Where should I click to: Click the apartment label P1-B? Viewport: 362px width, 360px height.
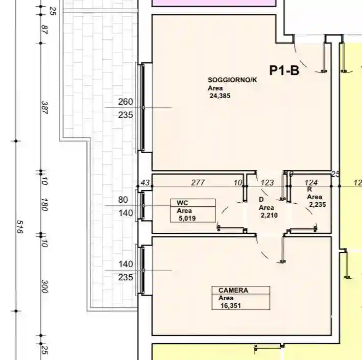284,71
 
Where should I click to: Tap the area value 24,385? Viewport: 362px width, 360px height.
220,95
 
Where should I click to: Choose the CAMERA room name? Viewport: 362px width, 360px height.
233,290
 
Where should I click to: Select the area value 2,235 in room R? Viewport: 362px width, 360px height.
317,204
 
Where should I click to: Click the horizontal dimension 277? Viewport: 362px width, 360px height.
198,183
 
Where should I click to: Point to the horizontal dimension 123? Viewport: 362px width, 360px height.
268,183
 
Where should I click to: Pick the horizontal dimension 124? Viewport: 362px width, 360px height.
311,183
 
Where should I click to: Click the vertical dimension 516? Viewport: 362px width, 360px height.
20,227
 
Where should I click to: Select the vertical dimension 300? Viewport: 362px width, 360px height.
44,287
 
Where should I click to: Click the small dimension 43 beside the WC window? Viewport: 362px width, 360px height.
145,183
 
